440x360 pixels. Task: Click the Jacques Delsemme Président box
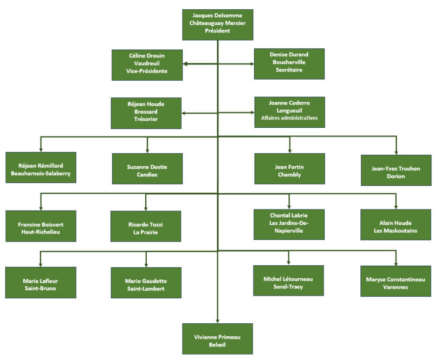click(x=217, y=24)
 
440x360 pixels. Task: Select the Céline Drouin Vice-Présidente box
click(x=147, y=64)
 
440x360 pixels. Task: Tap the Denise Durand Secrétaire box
click(x=289, y=63)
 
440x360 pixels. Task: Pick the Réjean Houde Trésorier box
click(x=147, y=113)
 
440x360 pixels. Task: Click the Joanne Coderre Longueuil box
click(x=289, y=112)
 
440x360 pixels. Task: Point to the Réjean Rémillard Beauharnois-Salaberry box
click(x=41, y=168)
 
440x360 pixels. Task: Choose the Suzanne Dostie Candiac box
click(x=147, y=169)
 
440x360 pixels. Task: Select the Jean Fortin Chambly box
click(x=289, y=168)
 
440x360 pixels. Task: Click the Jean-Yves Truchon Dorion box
click(x=396, y=170)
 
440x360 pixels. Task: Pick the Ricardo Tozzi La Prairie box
click(x=146, y=226)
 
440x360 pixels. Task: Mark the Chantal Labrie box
click(x=289, y=224)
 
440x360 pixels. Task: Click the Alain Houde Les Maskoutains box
click(x=396, y=225)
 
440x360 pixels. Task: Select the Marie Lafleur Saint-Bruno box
click(x=41, y=283)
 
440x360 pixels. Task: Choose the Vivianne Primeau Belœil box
click(x=217, y=338)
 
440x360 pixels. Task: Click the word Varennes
click(x=396, y=287)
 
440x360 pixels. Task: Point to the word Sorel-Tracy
click(x=288, y=286)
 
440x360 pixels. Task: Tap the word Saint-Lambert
click(x=146, y=289)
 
